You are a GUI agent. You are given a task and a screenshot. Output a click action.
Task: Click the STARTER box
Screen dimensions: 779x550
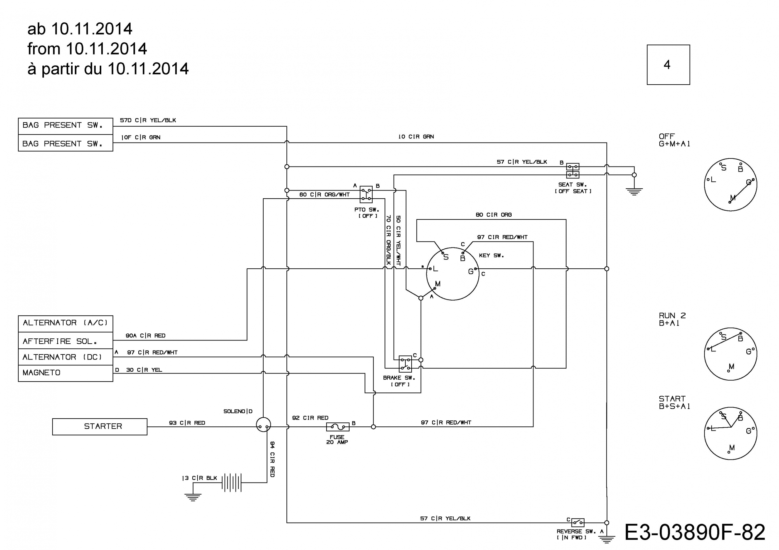coord(100,427)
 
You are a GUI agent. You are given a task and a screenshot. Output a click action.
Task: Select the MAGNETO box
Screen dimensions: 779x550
coord(65,373)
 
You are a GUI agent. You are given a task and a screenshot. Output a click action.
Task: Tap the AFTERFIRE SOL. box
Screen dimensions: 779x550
coord(65,341)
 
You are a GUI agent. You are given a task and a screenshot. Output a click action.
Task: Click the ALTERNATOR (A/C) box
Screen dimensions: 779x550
coord(65,324)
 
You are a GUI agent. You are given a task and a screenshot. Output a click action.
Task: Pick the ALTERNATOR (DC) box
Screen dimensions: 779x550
coord(65,357)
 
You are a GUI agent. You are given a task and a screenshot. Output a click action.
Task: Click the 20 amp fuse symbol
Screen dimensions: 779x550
coord(337,427)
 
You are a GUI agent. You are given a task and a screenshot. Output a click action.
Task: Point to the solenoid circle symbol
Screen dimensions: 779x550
coord(263,424)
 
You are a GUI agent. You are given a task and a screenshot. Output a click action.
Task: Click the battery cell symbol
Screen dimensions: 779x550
coord(232,482)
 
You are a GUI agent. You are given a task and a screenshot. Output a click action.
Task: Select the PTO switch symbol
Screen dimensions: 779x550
coord(366,195)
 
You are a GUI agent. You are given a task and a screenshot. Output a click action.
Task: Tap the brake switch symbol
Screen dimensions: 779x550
coord(405,364)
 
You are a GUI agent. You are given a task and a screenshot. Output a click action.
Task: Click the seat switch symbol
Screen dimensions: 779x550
coord(573,171)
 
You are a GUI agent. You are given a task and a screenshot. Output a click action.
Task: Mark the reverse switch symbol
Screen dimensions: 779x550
coord(578,522)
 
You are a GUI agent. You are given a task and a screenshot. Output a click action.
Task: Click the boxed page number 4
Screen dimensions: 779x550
coord(668,65)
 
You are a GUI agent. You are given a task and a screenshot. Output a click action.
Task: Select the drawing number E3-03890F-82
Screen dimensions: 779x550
coord(695,532)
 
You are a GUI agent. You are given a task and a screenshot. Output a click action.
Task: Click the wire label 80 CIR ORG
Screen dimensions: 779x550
coord(494,215)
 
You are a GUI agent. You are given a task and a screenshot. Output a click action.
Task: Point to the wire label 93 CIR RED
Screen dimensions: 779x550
coord(187,423)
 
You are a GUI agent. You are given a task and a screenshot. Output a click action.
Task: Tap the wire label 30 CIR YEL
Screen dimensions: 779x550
coord(144,370)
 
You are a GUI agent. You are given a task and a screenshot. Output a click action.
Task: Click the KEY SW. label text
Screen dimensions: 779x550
coord(491,256)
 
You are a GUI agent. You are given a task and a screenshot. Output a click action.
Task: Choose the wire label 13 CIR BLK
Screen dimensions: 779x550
coord(199,478)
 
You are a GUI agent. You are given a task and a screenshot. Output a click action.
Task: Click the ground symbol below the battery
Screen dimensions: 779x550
coord(193,497)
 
